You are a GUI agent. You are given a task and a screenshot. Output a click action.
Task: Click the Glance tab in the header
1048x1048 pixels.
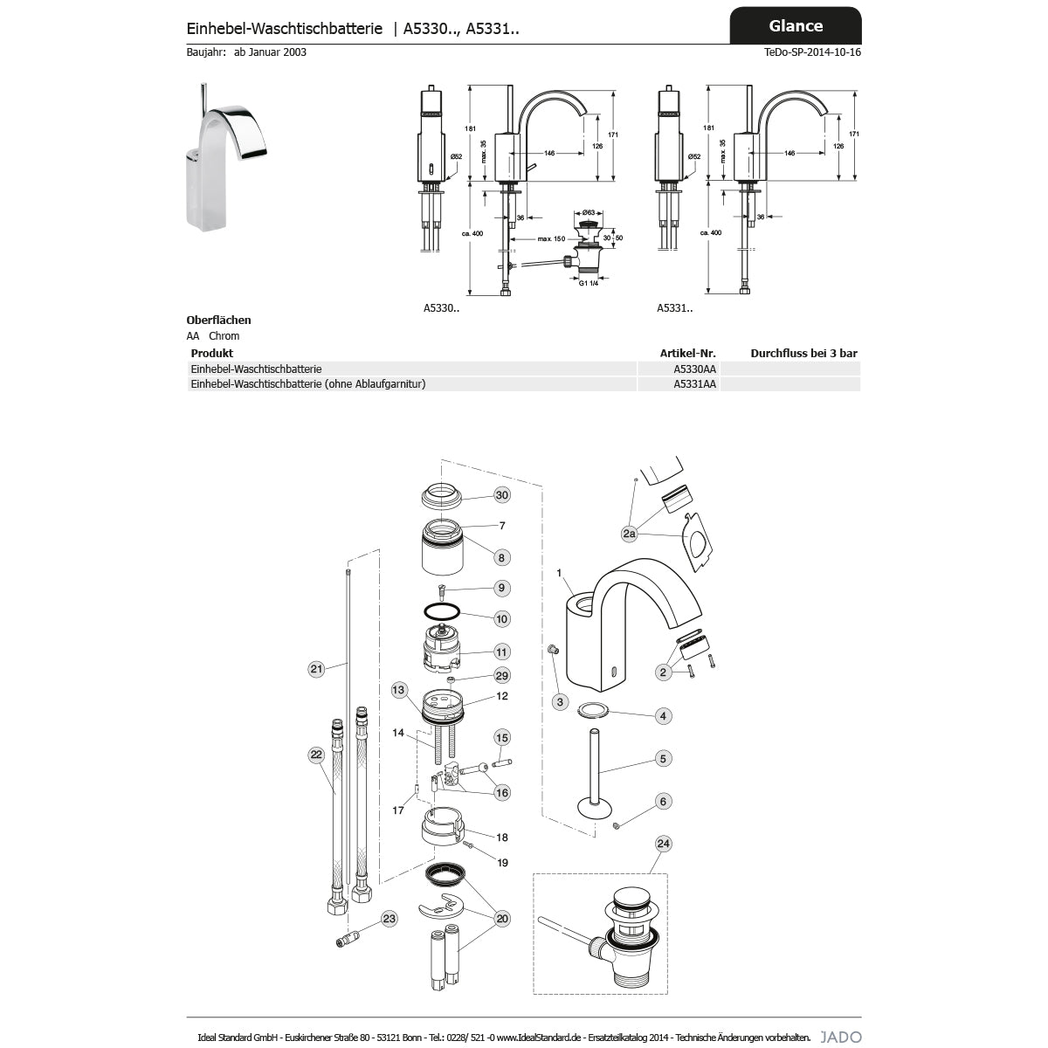[795, 25]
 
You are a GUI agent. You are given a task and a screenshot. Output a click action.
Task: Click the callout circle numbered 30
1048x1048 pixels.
[501, 495]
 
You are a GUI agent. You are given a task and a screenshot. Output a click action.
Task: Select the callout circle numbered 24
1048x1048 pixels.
[664, 844]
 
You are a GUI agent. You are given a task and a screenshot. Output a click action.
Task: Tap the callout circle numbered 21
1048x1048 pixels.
[316, 670]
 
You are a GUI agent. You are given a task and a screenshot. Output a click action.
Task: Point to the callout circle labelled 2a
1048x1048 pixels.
[629, 533]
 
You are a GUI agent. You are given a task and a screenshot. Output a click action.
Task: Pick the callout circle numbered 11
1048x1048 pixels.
[501, 652]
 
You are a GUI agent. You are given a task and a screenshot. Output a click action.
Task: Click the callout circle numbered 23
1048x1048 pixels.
[389, 918]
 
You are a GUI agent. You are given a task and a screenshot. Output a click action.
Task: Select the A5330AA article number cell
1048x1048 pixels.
[694, 369]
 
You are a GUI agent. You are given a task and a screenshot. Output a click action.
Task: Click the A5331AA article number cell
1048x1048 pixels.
[694, 384]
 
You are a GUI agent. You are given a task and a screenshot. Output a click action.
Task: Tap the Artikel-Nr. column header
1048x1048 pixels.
[687, 354]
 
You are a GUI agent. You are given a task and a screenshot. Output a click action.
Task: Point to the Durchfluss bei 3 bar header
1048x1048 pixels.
[803, 354]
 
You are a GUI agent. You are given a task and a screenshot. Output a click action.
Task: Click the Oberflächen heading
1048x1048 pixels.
[218, 321]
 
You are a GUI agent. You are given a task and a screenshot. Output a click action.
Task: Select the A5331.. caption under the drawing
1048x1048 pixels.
[674, 307]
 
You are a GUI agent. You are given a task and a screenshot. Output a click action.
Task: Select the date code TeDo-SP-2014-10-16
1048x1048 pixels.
[812, 52]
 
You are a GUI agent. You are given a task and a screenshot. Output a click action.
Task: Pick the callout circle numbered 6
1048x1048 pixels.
[663, 801]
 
